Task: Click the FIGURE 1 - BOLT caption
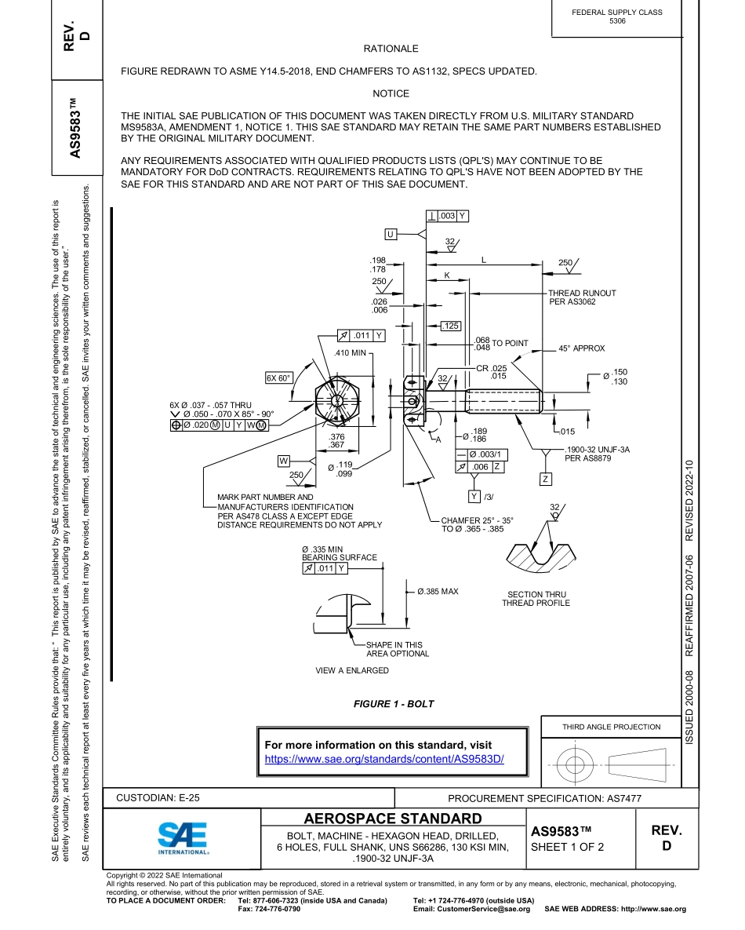click(393, 704)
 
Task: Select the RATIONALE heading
click(391, 49)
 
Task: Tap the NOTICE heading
click(391, 93)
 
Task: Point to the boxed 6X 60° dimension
click(278, 378)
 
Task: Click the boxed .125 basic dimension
click(450, 326)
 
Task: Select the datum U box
click(391, 234)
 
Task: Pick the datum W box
click(284, 461)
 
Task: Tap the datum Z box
click(545, 479)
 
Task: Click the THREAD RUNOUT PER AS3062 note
click(581, 297)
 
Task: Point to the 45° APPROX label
click(581, 348)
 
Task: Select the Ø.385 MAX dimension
click(438, 591)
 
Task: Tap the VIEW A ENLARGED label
click(351, 671)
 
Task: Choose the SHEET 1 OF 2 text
click(567, 847)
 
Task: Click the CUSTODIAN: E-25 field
click(158, 798)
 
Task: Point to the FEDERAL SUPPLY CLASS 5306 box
click(617, 16)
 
